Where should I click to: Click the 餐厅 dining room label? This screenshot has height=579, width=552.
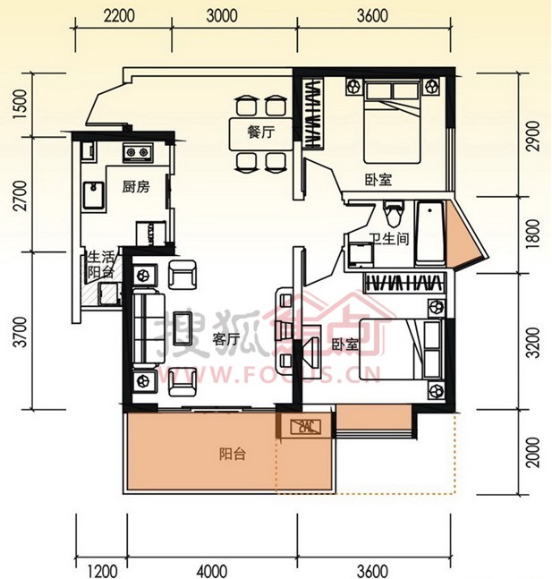coord(261,132)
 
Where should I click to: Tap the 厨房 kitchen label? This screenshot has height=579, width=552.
coord(136,187)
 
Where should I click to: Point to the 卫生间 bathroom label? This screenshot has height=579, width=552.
coord(390,239)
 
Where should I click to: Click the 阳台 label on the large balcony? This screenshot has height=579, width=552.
coord(233,454)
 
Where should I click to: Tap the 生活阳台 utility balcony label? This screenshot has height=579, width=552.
coord(101,265)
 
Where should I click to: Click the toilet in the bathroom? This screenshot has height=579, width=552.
coord(394,213)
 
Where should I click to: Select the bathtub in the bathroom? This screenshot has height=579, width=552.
coord(429,233)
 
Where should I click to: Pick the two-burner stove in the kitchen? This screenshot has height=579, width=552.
coord(138,153)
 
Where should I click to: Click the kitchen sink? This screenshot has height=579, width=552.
coord(93,195)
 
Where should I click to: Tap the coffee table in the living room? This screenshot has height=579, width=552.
coord(183,328)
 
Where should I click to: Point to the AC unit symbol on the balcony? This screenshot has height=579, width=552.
coord(305,427)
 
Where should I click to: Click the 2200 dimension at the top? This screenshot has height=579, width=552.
coord(119,16)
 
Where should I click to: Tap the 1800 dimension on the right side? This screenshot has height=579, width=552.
coord(534,234)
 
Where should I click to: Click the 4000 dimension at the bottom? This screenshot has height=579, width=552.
coord(212,571)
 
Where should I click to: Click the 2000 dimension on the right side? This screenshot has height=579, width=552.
coord(534,452)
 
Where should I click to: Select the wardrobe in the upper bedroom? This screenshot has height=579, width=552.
coord(313,114)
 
